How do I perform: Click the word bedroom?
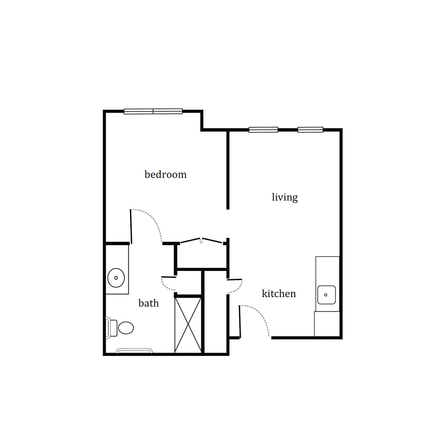[165, 174]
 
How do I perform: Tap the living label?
[285, 197]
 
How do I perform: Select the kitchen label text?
[279, 294]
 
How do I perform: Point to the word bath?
[148, 303]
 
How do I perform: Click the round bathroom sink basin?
[116, 278]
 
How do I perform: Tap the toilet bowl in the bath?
[126, 328]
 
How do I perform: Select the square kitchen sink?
[326, 295]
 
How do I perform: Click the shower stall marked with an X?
[188, 325]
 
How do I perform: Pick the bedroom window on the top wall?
[153, 111]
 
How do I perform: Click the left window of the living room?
[263, 130]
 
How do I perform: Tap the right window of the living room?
[310, 130]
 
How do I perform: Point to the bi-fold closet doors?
[202, 241]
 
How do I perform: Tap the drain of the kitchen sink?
[326, 295]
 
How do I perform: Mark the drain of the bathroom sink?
[116, 278]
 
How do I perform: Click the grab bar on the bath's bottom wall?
[134, 351]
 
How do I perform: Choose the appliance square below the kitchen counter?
[327, 324]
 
